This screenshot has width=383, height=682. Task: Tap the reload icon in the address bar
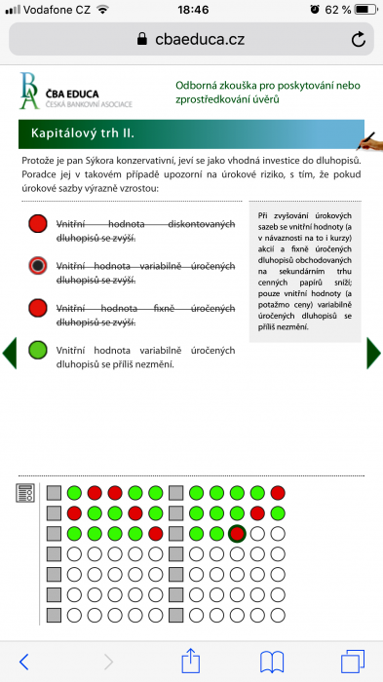[359, 39]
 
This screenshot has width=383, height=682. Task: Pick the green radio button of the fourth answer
[38, 350]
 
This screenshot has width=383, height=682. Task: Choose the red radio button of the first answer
[38, 224]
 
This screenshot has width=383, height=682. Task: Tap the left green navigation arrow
[9, 352]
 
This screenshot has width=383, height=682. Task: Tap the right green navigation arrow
[373, 352]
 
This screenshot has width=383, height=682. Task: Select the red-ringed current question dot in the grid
[236, 534]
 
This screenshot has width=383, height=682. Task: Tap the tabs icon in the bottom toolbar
[351, 662]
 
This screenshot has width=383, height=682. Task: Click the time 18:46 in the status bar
[193, 9]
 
